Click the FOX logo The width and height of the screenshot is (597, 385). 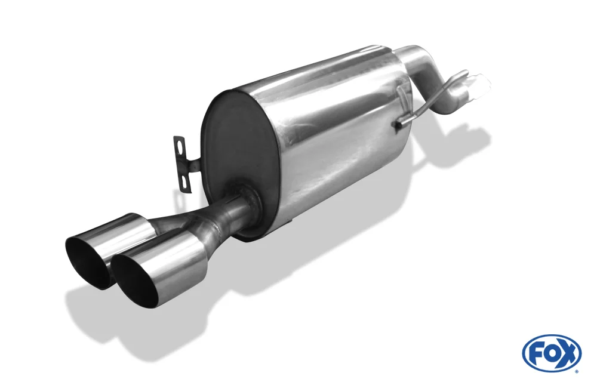click(552, 354)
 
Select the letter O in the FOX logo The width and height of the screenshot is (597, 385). click(550, 355)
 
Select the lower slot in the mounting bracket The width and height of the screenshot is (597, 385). click(186, 181)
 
